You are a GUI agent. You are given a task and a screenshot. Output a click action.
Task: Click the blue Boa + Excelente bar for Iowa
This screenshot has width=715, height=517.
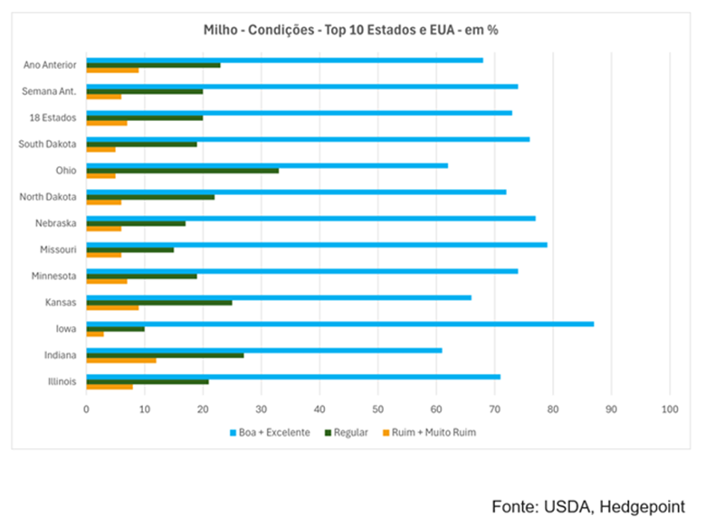(x=339, y=324)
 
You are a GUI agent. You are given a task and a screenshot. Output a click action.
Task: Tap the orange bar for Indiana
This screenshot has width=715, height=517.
(x=120, y=360)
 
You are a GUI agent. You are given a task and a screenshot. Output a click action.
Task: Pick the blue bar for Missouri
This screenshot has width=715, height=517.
(x=316, y=244)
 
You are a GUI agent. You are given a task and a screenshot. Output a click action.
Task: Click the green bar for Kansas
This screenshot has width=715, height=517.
(x=158, y=302)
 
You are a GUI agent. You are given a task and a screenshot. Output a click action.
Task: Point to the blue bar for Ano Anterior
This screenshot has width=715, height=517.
(x=284, y=60)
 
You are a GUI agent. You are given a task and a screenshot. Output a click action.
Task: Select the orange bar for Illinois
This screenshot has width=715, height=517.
(x=109, y=386)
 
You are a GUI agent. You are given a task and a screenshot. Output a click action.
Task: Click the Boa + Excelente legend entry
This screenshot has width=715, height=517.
(x=270, y=432)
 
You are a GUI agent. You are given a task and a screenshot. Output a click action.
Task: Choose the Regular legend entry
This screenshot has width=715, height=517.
(x=348, y=432)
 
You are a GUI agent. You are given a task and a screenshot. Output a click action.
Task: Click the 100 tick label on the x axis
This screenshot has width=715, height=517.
(x=670, y=409)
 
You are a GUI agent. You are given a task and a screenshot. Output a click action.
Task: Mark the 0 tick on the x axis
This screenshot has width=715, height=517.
(x=86, y=409)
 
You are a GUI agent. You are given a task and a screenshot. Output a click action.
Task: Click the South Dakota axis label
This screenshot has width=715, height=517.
(x=47, y=144)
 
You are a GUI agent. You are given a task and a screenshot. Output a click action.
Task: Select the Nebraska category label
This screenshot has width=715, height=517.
(x=55, y=222)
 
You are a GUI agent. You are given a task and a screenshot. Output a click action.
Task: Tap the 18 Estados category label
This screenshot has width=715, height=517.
(x=53, y=117)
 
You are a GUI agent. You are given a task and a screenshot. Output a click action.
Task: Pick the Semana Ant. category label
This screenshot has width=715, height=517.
(x=51, y=91)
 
